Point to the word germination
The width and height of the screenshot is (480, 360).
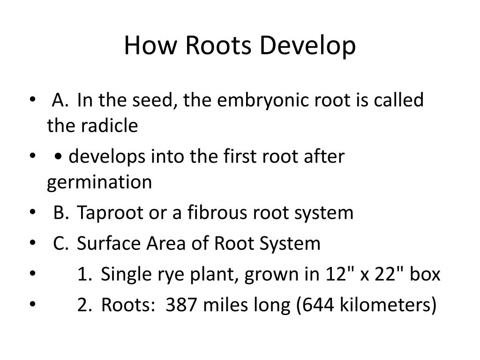coord(99,182)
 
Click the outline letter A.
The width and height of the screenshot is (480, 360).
coord(60,100)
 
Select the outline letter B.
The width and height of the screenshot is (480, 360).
coord(60,213)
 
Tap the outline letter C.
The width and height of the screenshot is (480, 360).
coord(60,244)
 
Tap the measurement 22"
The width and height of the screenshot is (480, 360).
coord(386,275)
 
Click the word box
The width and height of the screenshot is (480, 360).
coord(425,275)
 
